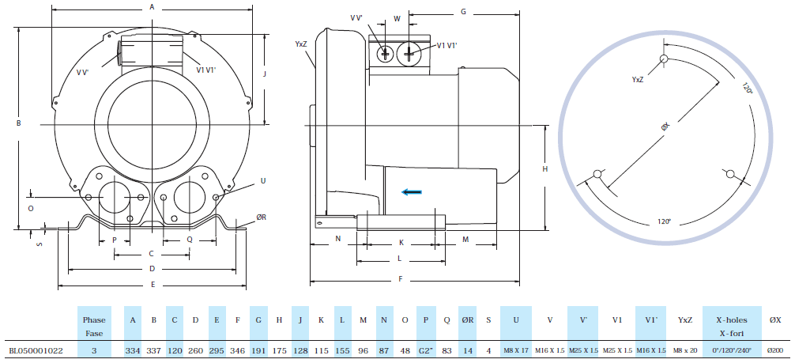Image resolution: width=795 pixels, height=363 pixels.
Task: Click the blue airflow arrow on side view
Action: click(410, 191)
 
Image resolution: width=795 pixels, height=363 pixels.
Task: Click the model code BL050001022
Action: click(36, 350)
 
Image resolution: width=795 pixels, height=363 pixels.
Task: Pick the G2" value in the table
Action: click(426, 350)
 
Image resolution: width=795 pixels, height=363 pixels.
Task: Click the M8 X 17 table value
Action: click(515, 350)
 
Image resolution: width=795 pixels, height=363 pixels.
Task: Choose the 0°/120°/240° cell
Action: click(732, 350)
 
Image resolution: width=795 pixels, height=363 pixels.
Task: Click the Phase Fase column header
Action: click(94, 326)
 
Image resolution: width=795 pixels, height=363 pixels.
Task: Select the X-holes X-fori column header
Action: click(732, 326)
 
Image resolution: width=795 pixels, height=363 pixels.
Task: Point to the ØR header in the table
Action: click(468, 320)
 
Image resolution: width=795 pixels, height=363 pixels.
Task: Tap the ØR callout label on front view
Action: click(262, 216)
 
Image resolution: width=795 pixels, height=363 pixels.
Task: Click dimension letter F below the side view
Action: click(401, 279)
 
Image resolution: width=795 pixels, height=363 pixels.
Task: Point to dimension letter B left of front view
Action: click(17, 123)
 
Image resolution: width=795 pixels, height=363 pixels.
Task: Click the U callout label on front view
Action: click(263, 181)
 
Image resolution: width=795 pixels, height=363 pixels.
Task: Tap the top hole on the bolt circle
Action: click(665, 58)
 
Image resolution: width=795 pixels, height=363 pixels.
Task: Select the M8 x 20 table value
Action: click(684, 350)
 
